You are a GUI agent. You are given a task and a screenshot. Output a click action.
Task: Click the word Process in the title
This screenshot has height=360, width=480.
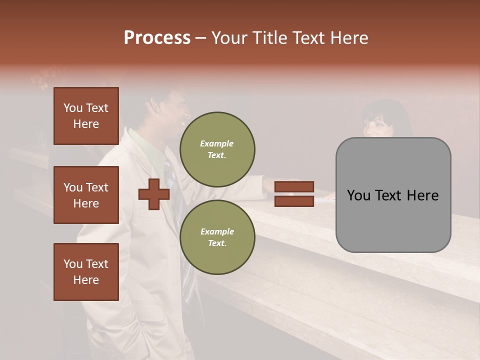tap(157, 38)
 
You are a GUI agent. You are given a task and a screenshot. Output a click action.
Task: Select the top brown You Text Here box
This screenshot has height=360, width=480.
tap(86, 116)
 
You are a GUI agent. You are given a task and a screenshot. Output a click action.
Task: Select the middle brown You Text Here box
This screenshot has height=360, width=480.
tap(86, 195)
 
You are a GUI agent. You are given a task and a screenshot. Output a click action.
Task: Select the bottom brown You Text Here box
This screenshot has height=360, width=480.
tap(86, 271)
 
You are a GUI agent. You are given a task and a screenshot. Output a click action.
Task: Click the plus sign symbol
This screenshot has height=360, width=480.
tap(154, 194)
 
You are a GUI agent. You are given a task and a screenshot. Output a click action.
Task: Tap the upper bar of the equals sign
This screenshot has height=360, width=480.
tap(294, 186)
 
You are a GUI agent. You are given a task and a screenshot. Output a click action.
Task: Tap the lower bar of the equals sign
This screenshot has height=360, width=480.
tap(294, 201)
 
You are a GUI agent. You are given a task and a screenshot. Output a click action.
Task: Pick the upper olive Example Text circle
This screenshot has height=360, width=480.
tap(217, 149)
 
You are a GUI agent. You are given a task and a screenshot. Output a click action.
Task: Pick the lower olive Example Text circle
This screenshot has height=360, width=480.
tap(217, 237)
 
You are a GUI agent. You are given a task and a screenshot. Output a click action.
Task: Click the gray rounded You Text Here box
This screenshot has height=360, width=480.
tap(393, 195)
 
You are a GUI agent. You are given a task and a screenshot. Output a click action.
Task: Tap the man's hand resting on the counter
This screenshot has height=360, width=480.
tap(269, 185)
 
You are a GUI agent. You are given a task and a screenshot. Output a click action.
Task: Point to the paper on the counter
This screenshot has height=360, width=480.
tap(325, 197)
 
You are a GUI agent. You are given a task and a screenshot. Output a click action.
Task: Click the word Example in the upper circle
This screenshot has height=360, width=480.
tap(217, 143)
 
